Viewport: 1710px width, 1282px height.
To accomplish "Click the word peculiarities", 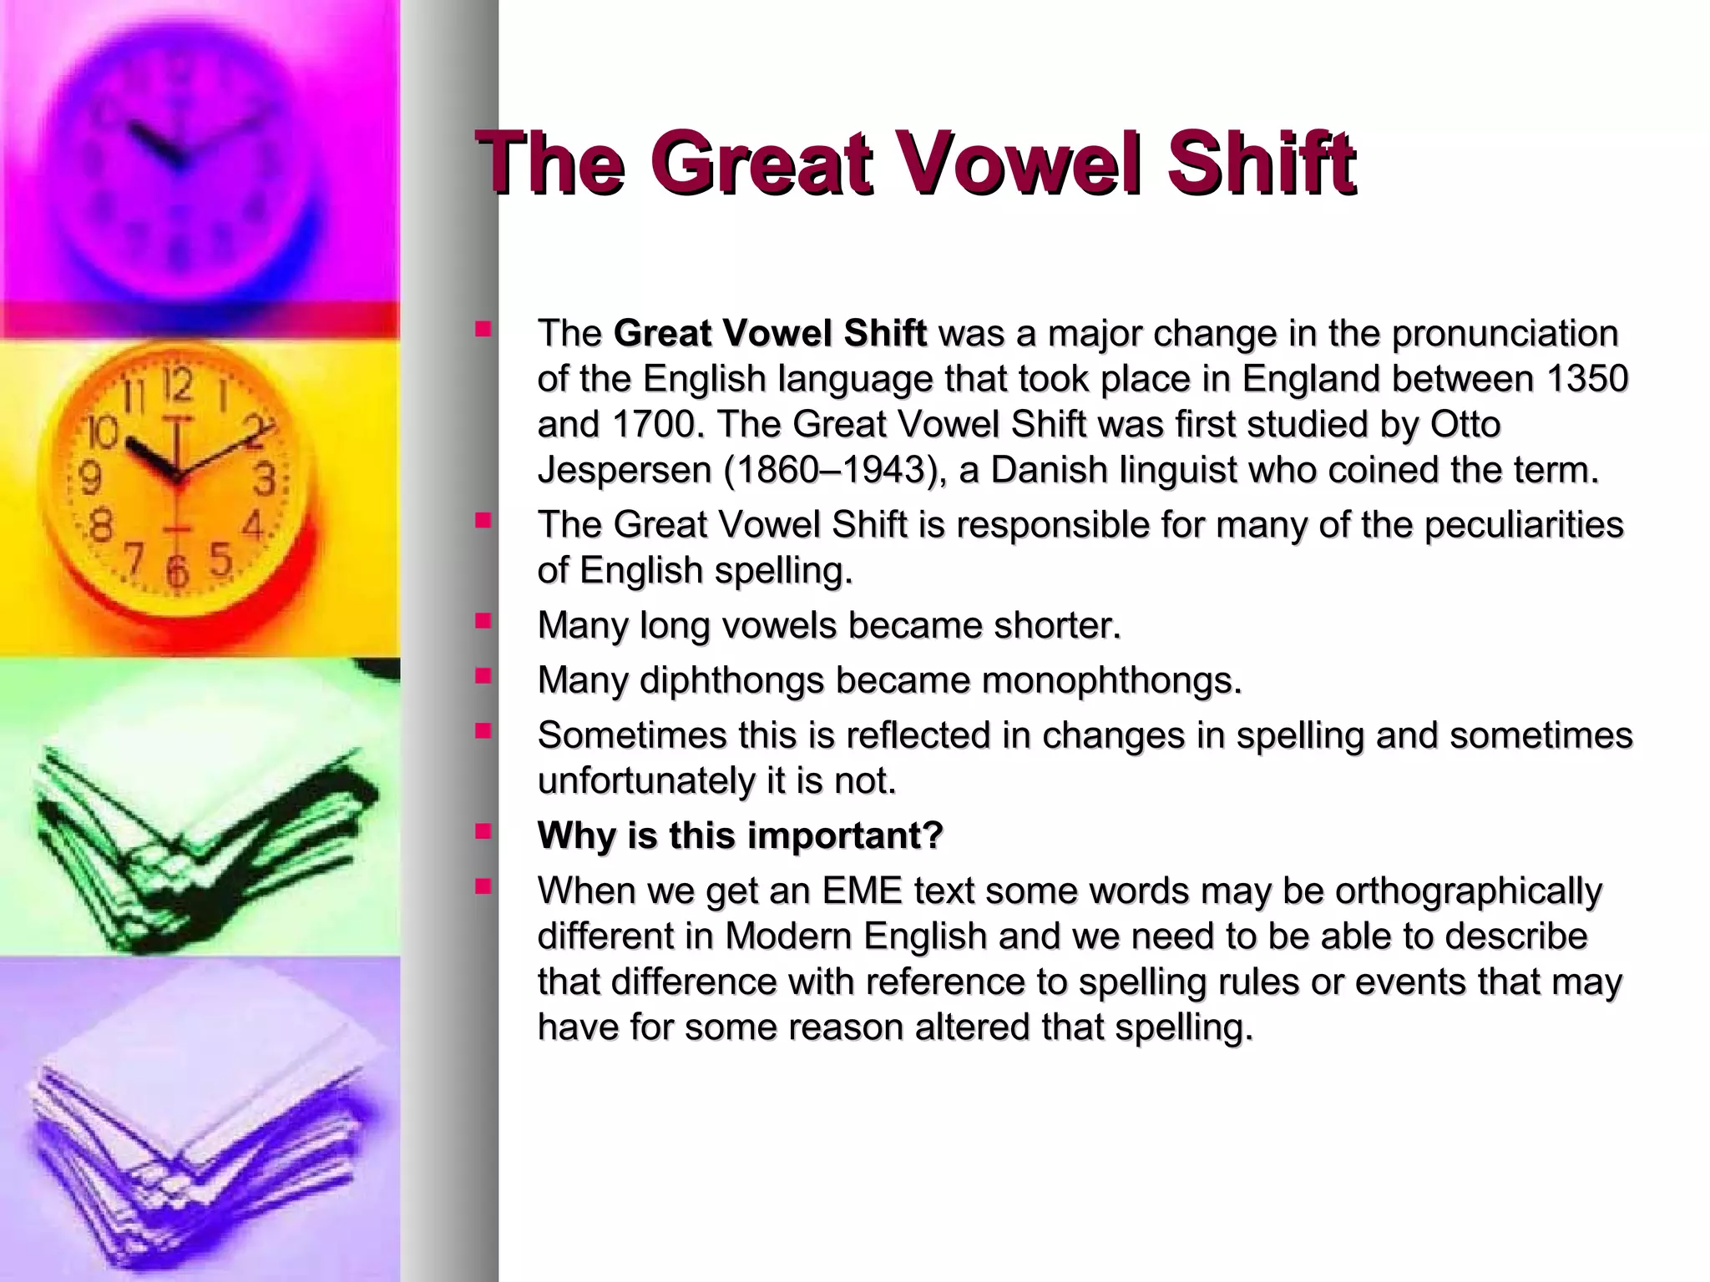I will tap(1523, 525).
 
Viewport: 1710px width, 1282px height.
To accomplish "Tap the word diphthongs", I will tap(731, 680).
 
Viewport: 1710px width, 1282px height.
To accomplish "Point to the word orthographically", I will tap(1468, 891).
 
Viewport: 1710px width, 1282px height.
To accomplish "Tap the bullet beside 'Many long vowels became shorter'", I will tap(483, 621).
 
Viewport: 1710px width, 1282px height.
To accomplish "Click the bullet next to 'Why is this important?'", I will tap(483, 831).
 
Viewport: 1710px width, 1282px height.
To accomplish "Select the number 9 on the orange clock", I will tap(89, 478).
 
